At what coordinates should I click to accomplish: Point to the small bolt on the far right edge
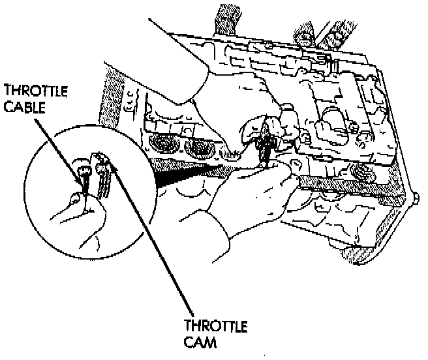pyautogui.click(x=416, y=198)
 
